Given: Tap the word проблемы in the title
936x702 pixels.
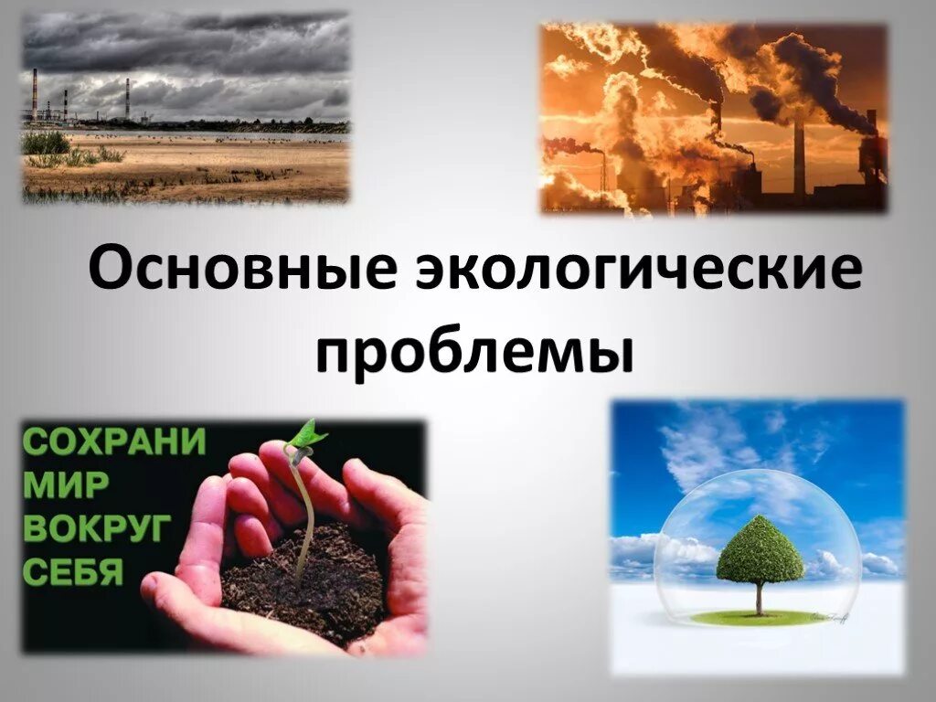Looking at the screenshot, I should tap(474, 352).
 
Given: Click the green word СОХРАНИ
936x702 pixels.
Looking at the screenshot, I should tap(113, 441).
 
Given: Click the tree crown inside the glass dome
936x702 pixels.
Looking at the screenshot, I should tap(760, 550).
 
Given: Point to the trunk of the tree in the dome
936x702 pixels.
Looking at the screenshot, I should tap(759, 599).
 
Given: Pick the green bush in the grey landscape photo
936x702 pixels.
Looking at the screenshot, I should tap(46, 144).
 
